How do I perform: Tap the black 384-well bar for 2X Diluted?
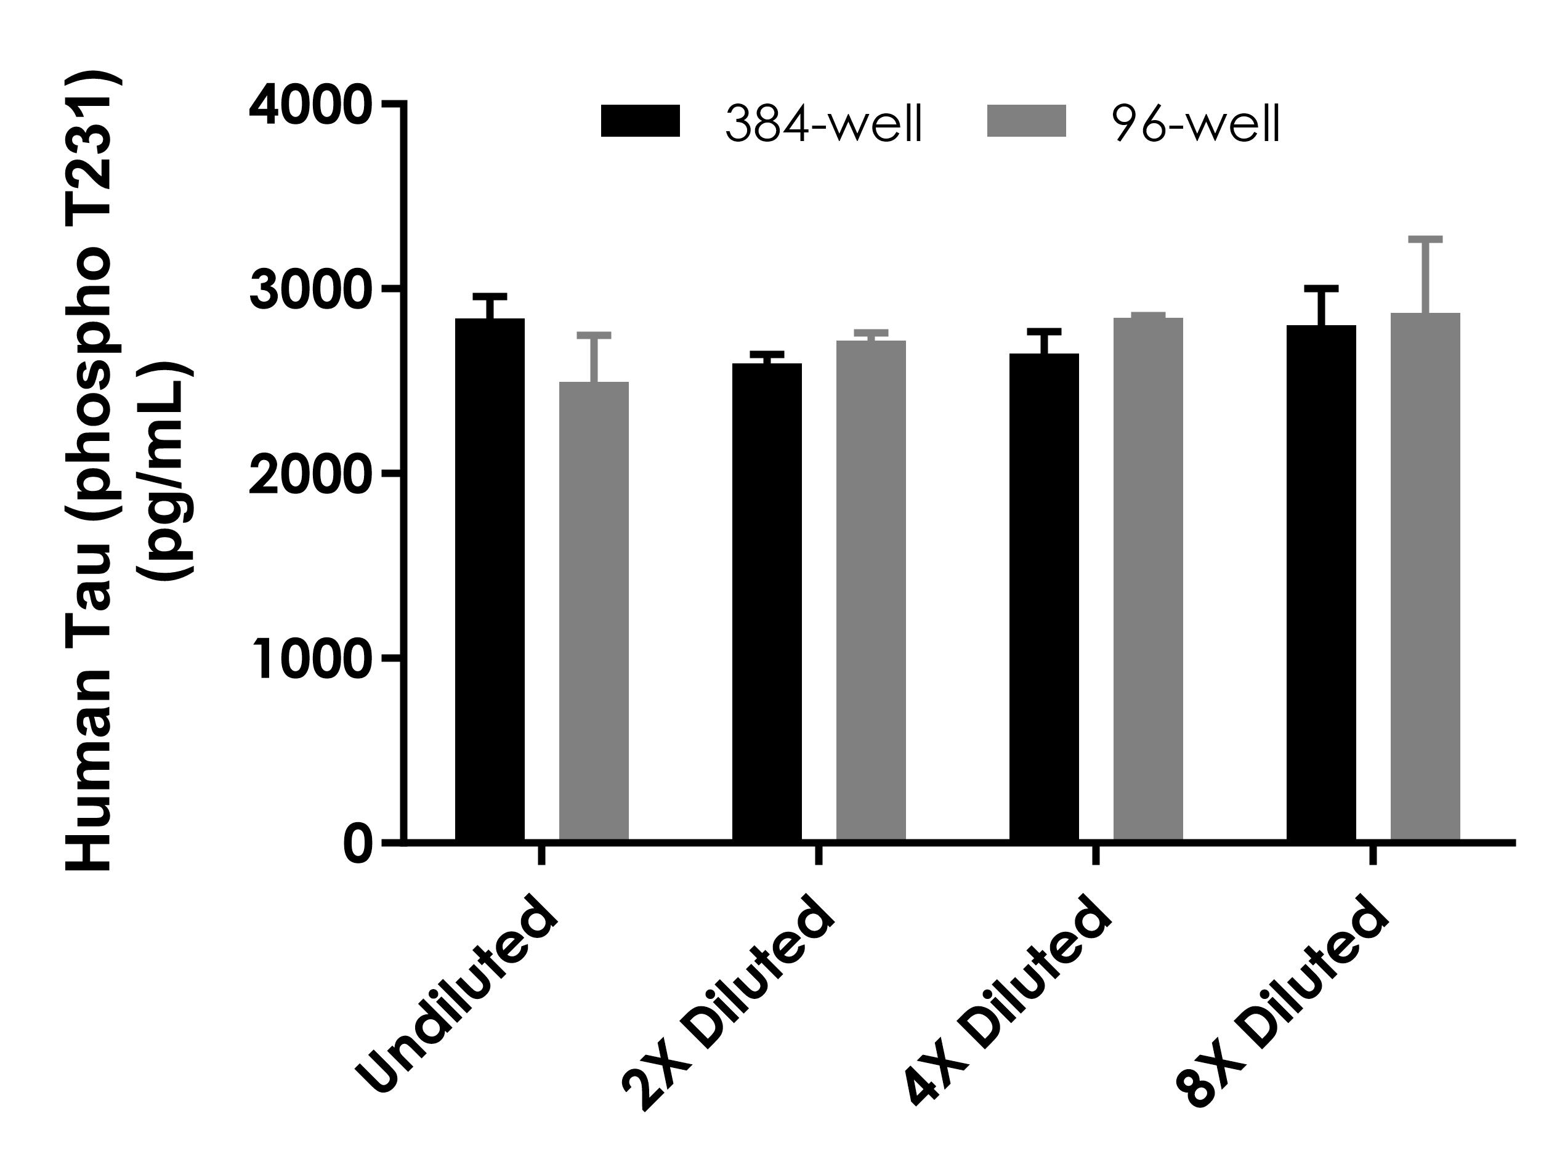(767, 602)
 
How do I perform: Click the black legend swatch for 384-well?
(640, 121)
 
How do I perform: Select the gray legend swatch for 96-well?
(1026, 121)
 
